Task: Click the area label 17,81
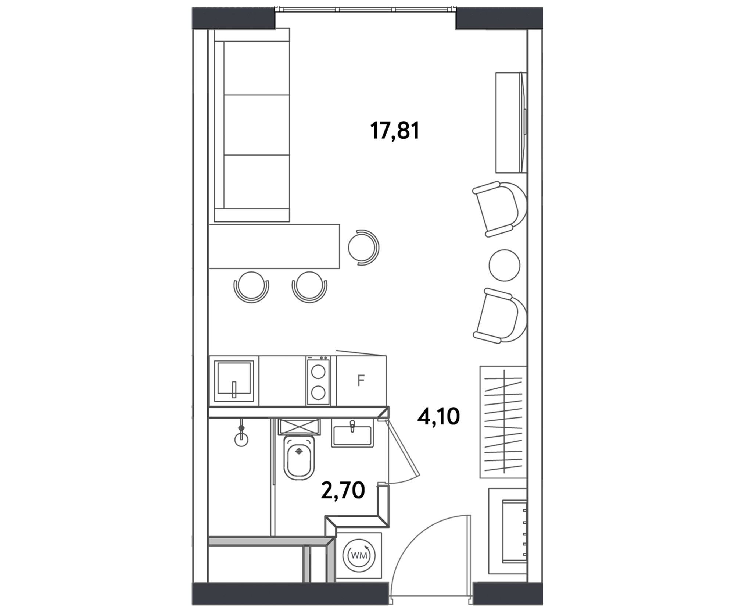[x=395, y=131]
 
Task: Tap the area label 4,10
[x=438, y=417]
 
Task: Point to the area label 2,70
[x=343, y=491]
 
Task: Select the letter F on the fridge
[x=361, y=380]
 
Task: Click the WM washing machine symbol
[x=359, y=555]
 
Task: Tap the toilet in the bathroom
[x=300, y=458]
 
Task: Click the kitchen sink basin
[x=234, y=381]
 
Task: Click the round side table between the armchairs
[x=504, y=265]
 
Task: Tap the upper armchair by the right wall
[x=500, y=209]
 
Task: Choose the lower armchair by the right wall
[x=500, y=316]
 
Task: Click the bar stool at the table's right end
[x=363, y=248]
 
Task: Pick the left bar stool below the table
[x=251, y=287]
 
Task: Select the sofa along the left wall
[x=252, y=125]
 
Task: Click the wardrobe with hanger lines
[x=503, y=422]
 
